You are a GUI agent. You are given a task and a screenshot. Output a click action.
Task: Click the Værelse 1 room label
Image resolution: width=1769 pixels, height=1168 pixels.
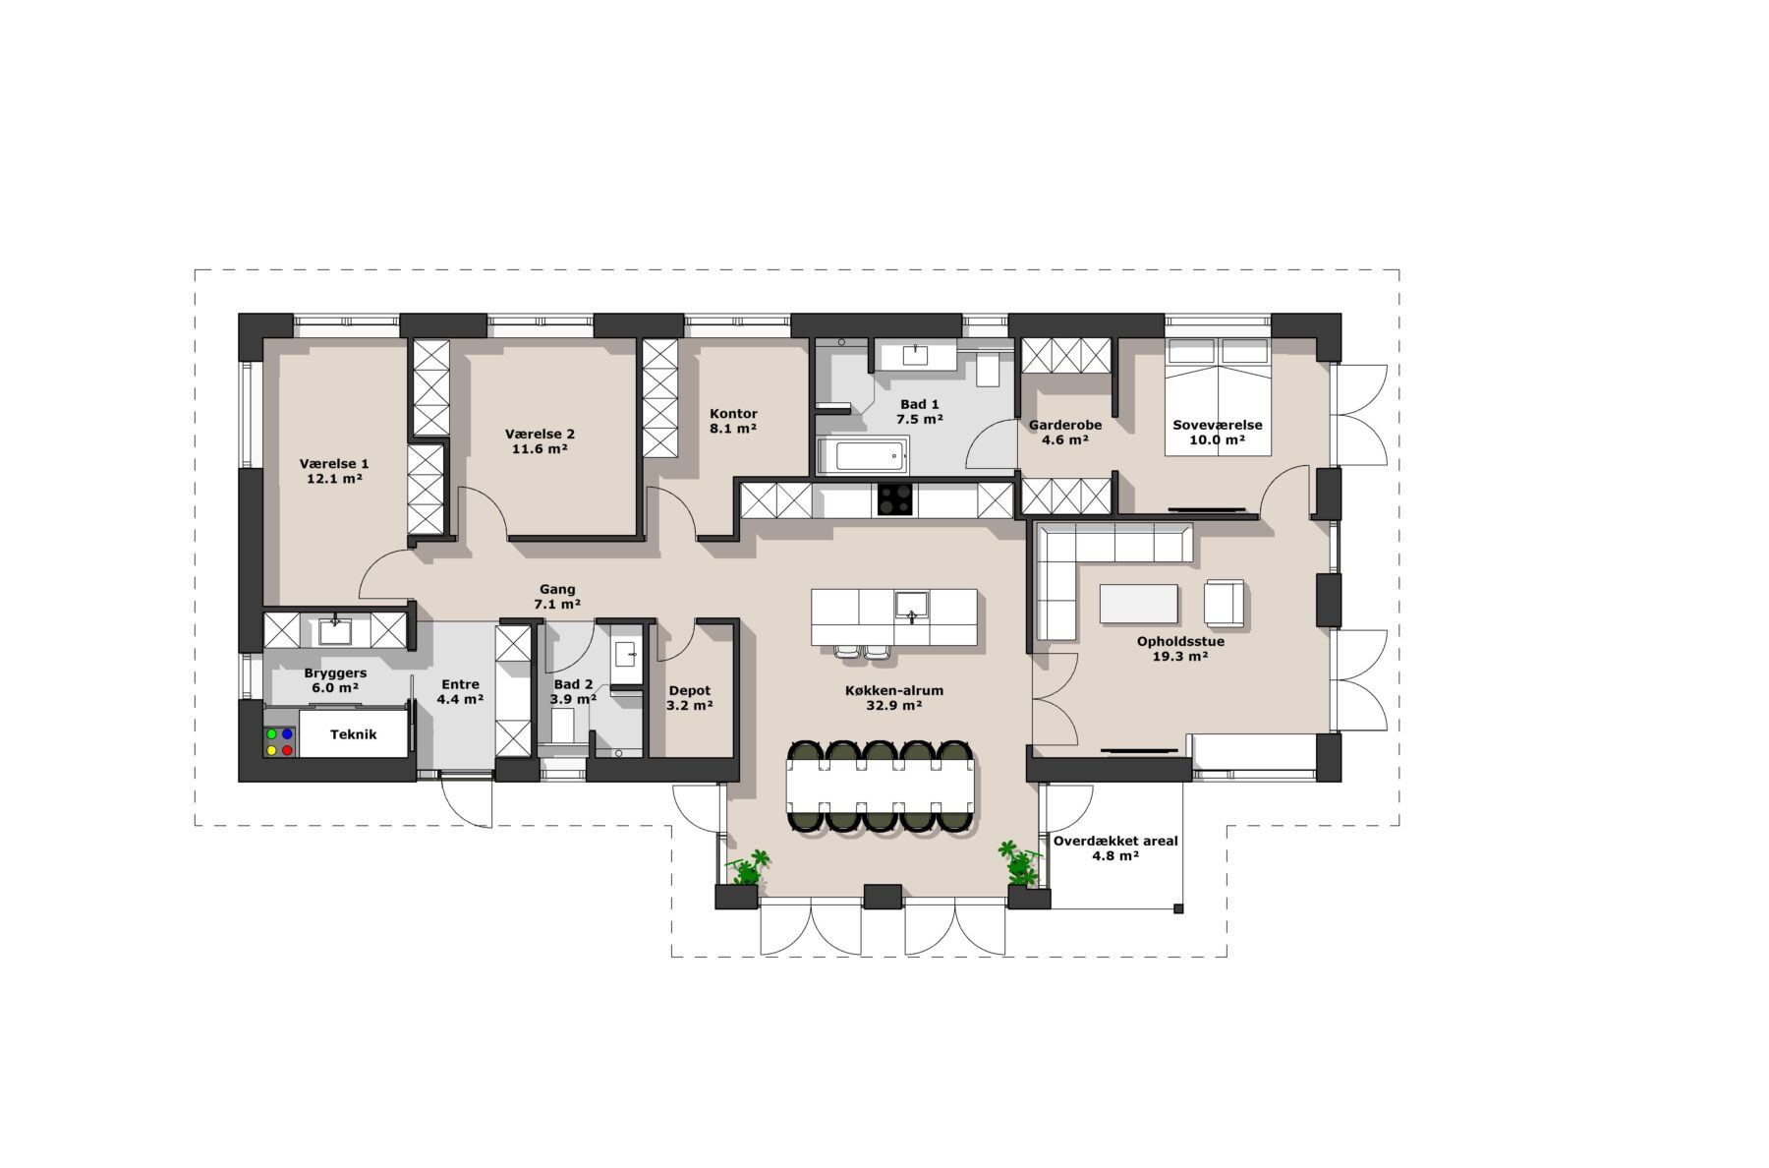tap(334, 464)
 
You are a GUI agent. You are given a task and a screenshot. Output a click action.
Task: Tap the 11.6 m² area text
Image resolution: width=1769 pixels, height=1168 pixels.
tap(540, 449)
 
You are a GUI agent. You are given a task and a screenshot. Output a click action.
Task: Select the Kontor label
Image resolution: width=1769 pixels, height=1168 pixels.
tap(733, 414)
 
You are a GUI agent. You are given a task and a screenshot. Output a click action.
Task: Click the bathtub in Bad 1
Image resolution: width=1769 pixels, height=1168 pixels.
tap(862, 455)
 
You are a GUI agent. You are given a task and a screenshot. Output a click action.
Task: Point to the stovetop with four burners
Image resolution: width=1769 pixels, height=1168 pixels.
tap(895, 499)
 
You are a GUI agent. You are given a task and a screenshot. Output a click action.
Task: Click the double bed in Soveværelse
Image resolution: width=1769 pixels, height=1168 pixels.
tap(1218, 397)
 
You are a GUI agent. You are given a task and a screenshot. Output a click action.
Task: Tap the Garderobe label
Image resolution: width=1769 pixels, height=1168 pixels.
tap(1065, 425)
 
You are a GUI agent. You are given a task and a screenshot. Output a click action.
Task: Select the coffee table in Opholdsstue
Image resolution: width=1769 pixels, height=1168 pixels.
tap(1138, 604)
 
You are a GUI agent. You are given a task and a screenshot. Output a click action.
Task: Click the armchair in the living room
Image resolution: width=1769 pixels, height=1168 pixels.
tap(1224, 602)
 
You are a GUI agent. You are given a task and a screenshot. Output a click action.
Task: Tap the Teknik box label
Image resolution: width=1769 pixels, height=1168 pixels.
tap(353, 734)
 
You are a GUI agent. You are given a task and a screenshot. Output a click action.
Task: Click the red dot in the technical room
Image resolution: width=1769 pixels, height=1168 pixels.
tap(287, 750)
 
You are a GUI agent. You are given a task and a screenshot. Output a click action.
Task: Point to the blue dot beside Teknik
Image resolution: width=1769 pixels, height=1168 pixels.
tap(287, 734)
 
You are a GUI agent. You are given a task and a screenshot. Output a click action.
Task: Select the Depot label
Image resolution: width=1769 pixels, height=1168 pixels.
tap(689, 691)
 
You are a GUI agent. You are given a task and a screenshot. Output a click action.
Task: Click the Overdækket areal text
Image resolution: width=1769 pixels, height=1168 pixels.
tap(1115, 842)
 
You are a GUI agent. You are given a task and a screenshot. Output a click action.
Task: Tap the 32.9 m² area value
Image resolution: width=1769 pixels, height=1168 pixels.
tap(893, 706)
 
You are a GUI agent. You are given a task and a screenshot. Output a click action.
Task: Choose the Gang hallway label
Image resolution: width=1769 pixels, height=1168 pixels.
tap(557, 590)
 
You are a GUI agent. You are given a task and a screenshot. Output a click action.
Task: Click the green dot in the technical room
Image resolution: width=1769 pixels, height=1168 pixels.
tap(272, 734)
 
